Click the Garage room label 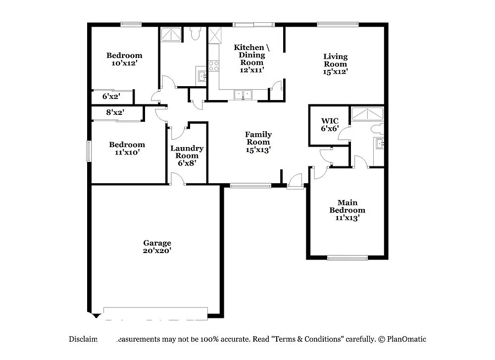pos(157,247)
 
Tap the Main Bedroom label pos(347,210)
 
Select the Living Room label pos(335,64)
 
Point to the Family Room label pos(258,142)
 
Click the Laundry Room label pos(187,155)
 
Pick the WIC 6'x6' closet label pos(330,124)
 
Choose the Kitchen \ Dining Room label pos(252,58)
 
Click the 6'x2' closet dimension pos(111,97)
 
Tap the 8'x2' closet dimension pos(115,112)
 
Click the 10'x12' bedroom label pos(124,59)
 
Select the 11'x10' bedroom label pos(127,149)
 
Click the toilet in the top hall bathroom pos(195,34)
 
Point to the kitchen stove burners pos(214,66)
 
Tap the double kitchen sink pos(244,94)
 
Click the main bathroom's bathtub pos(367,114)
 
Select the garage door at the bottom pos(155,312)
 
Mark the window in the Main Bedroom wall pos(347,257)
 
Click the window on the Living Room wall pos(338,23)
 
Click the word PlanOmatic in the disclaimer pos(406,339)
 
